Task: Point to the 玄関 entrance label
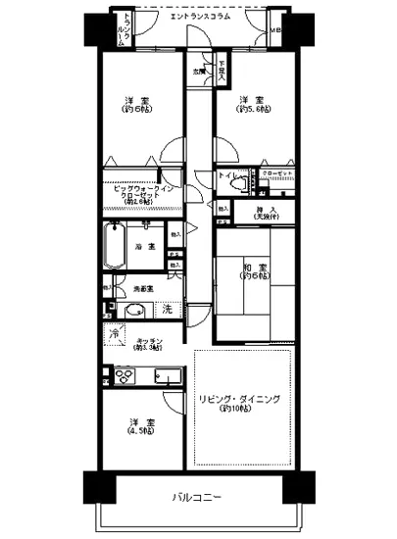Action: point(199,71)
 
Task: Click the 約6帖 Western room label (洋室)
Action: point(136,109)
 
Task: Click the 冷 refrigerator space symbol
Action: point(117,334)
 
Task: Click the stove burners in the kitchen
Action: point(125,375)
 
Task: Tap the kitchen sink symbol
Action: point(162,376)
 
